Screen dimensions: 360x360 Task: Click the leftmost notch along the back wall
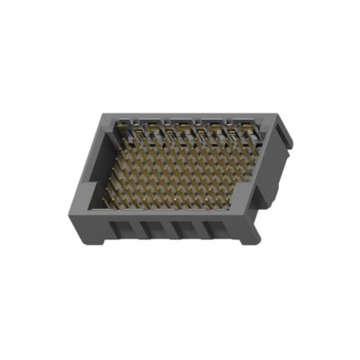(x=126, y=126)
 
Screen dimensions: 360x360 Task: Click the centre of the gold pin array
(x=180, y=171)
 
